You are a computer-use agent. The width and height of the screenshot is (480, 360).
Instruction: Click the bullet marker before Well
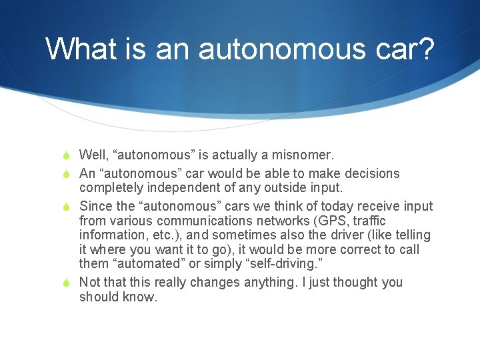coord(67,155)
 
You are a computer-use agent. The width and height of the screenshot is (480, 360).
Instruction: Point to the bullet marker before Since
coord(67,207)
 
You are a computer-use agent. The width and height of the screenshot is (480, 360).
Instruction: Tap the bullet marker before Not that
coord(67,283)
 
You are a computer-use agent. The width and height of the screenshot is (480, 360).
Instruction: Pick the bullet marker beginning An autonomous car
coord(67,174)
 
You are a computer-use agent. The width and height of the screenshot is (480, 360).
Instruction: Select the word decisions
coord(371,174)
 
